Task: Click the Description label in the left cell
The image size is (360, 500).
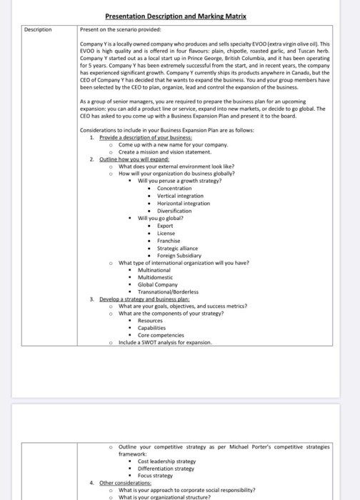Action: [x=39, y=29]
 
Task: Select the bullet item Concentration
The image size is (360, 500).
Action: [x=174, y=188]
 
